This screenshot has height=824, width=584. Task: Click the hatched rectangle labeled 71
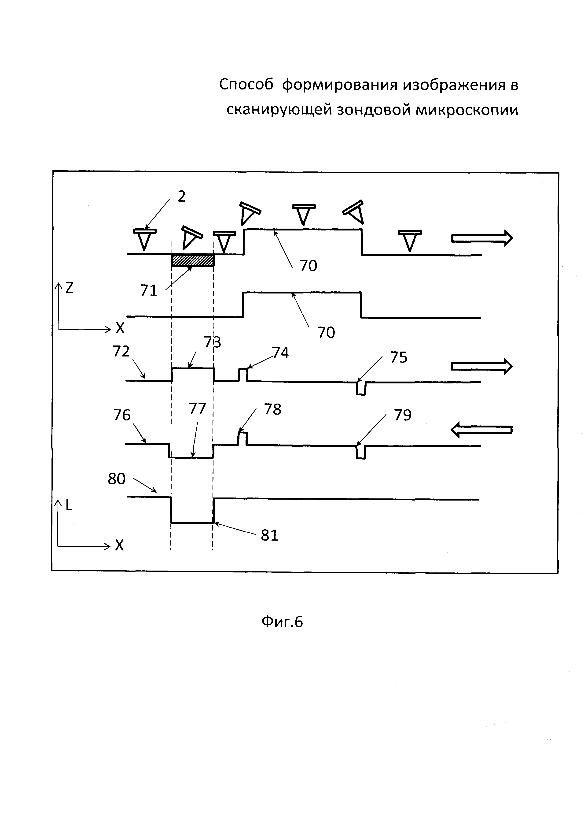coord(192,260)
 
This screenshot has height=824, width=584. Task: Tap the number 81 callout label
coord(269,536)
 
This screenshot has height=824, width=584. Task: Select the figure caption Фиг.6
coord(282,622)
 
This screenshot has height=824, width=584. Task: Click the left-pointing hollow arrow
coord(481,430)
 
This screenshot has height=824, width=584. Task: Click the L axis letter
coord(69,505)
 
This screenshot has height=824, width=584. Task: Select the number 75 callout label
coord(398,358)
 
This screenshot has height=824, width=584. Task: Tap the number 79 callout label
coord(402,415)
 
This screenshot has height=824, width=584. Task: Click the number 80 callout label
coord(117,479)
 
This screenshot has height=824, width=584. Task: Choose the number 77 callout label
coord(197,409)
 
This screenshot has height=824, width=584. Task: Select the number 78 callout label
coord(273,409)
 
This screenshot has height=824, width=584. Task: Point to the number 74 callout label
coord(280,353)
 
